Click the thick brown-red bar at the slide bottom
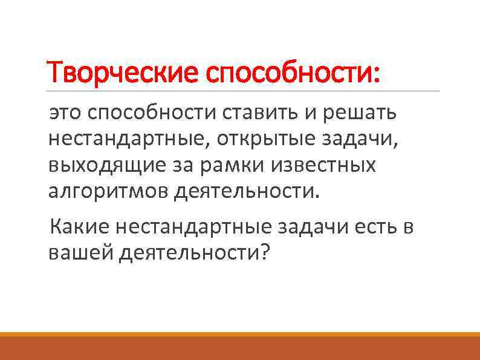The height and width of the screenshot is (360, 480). tap(240, 348)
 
